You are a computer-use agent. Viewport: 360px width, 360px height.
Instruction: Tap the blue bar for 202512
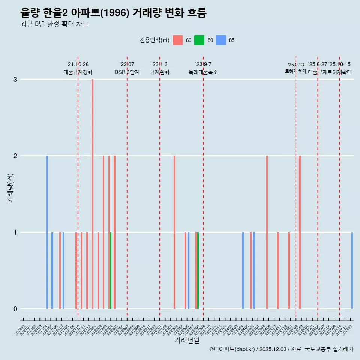tap(352, 270)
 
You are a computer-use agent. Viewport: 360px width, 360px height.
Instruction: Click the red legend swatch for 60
tap(178, 40)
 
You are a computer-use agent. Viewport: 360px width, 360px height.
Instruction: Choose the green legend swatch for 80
tap(199, 40)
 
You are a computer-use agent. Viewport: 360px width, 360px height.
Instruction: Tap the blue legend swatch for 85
tap(221, 40)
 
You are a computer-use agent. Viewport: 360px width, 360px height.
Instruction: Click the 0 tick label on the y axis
tap(15, 309)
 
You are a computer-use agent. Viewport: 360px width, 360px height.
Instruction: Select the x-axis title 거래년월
tap(187, 340)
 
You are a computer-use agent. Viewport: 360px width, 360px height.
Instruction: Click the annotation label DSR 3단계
tap(127, 72)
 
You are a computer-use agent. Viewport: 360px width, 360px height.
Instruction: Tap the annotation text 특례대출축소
tap(203, 72)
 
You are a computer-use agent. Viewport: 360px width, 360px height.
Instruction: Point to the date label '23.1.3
tap(159, 64)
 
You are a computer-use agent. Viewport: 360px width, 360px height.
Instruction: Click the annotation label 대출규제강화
tap(78, 72)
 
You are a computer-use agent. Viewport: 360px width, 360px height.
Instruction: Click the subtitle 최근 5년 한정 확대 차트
tap(54, 24)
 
